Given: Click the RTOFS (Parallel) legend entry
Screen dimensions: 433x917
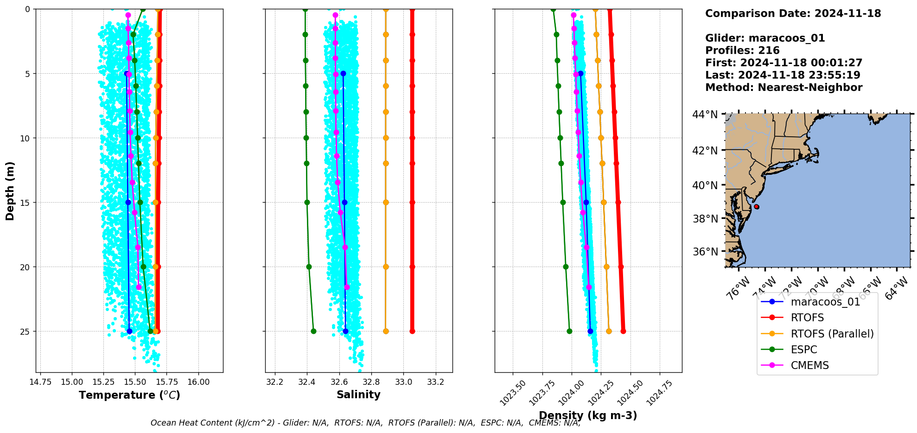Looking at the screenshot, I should coord(832,334).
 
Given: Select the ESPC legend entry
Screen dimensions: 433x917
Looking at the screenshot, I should coord(804,350).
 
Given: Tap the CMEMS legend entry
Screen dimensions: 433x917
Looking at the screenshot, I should coord(809,365).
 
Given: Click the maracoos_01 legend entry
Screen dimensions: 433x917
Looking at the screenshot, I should coord(825,302).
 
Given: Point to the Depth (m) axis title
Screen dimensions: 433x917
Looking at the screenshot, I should coord(10,191).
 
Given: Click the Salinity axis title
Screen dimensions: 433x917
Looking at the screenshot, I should coord(358,395).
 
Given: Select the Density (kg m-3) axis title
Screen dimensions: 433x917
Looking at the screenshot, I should coord(588,415).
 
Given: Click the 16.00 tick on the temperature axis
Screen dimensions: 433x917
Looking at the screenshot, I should coord(198,382).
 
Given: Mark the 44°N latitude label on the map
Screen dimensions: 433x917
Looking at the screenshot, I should coord(705,115).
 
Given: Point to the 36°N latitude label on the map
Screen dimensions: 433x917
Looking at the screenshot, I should coord(705,252).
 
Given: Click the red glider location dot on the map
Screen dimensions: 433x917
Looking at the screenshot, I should coord(757,207).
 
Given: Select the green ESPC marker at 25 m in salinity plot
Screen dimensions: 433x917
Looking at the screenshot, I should coord(313,331).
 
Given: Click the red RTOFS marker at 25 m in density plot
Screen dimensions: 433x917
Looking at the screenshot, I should coord(623,331).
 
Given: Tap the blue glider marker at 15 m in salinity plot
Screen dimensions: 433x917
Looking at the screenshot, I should coord(344,202).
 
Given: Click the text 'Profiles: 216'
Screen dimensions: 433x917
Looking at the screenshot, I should coord(742,51).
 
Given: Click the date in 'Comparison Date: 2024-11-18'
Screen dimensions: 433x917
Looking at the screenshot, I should coord(847,13).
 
